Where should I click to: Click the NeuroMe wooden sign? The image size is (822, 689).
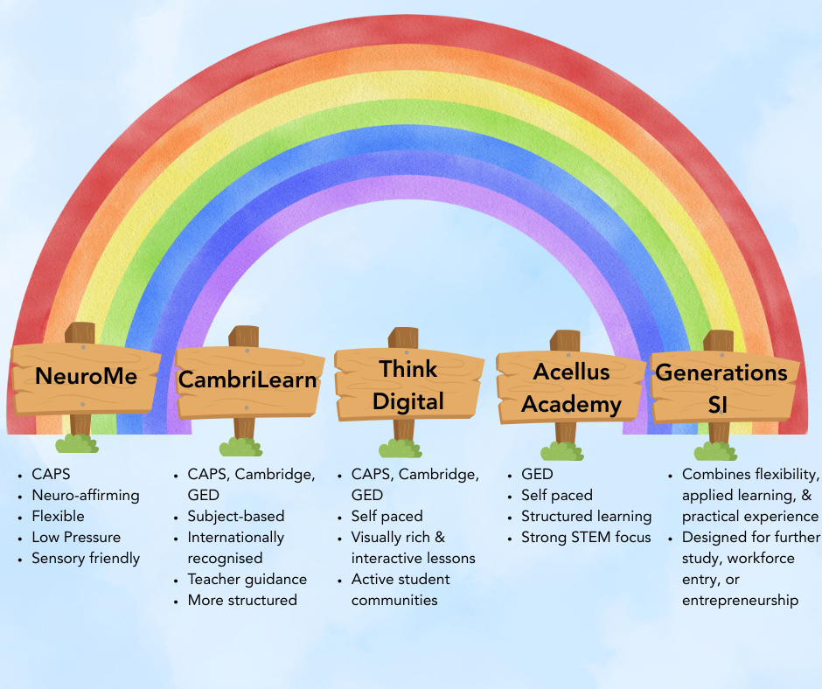click(86, 377)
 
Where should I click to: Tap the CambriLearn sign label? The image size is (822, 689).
click(247, 381)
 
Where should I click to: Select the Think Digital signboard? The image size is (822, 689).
click(408, 385)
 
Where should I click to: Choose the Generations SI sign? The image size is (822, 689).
click(721, 388)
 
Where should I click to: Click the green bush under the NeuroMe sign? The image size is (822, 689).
click(77, 443)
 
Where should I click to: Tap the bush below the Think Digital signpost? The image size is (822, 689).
click(401, 449)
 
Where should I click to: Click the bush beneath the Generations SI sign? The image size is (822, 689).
click(716, 451)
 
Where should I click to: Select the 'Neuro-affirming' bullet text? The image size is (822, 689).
click(85, 495)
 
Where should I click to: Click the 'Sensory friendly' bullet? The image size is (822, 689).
click(85, 558)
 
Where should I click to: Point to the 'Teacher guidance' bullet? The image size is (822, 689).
click(247, 579)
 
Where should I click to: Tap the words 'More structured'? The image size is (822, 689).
click(242, 600)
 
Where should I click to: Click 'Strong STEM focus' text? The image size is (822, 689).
click(586, 537)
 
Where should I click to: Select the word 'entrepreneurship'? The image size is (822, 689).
click(740, 600)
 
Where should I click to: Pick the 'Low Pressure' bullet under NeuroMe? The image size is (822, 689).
click(76, 537)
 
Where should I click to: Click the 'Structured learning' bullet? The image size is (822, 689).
click(586, 516)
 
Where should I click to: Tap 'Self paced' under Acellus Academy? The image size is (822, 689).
click(557, 495)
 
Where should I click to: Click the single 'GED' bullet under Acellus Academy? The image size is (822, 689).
click(537, 474)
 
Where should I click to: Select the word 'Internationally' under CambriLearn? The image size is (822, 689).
click(235, 537)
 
